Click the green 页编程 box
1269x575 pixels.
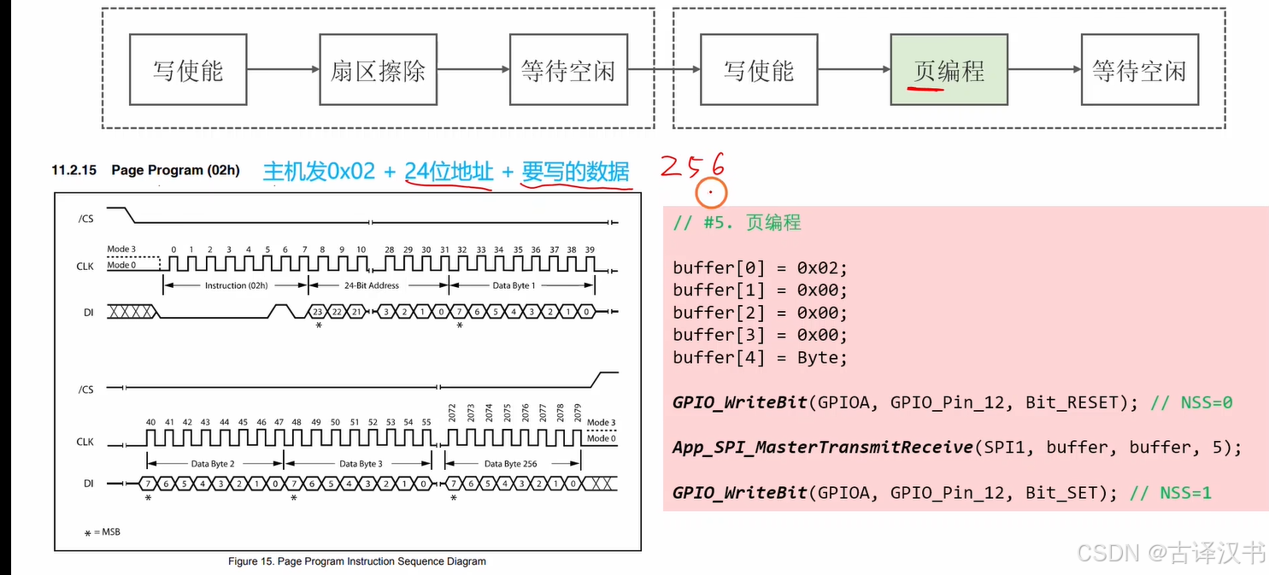coord(949,70)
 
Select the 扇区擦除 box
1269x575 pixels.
coord(378,70)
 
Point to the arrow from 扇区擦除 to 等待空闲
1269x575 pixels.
coord(473,70)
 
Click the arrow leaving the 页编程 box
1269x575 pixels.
coord(1043,70)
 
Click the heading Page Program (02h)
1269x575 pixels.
coord(175,170)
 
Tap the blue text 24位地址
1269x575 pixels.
coord(449,172)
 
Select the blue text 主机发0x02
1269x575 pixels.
coord(319,172)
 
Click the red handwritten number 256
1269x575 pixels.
coord(692,164)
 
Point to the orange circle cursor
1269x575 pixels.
coord(710,192)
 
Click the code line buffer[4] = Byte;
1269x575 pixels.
coord(760,357)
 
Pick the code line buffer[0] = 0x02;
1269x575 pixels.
coord(760,267)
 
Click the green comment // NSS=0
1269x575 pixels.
coord(1191,402)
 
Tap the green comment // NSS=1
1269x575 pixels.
coord(1170,492)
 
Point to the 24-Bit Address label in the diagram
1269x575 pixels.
coord(372,285)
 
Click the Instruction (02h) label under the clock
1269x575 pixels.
coord(234,285)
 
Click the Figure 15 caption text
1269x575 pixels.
coord(356,561)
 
